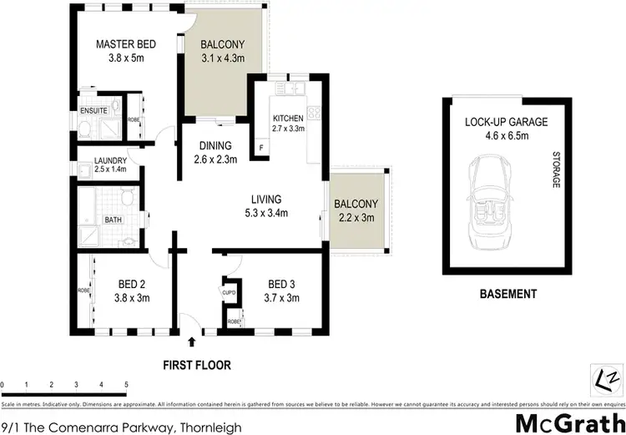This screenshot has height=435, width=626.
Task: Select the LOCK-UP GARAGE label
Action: (x=506, y=122)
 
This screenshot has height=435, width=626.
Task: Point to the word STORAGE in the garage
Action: (x=555, y=169)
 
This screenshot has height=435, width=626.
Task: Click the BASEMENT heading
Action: (x=507, y=294)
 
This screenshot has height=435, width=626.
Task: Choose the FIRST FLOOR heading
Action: (x=197, y=365)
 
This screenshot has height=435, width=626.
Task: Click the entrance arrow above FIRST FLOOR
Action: (x=194, y=341)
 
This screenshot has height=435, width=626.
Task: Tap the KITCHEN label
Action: (x=289, y=119)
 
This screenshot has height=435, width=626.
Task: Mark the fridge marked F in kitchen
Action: (x=261, y=149)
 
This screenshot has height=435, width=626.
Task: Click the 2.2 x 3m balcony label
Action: (x=356, y=217)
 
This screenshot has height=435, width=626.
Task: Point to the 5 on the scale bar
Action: (x=126, y=385)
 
